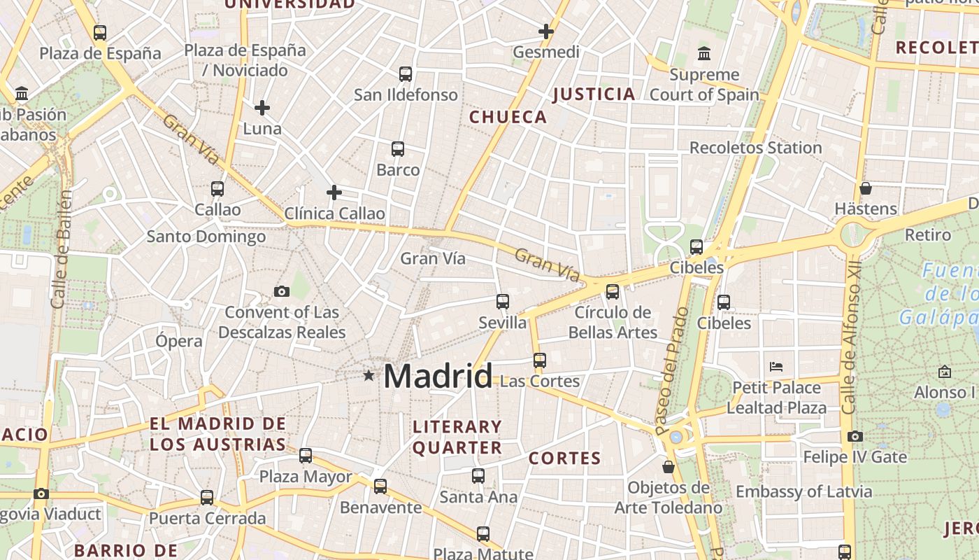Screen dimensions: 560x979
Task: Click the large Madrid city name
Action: pyautogui.click(x=438, y=377)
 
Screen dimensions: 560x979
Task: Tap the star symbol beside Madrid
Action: pyautogui.click(x=369, y=376)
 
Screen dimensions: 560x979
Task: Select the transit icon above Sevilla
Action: pyautogui.click(x=503, y=302)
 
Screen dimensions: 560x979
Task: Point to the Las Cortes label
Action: pyautogui.click(x=541, y=381)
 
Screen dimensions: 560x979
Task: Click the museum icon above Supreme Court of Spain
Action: pyautogui.click(x=704, y=53)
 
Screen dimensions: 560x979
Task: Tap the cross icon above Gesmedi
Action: pyautogui.click(x=546, y=31)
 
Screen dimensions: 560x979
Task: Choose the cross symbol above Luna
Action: pyautogui.click(x=262, y=108)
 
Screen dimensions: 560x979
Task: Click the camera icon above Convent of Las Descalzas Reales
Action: pyautogui.click(x=282, y=291)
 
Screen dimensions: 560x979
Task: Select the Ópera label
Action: pyautogui.click(x=179, y=342)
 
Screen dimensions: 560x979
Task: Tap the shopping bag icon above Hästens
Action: pyautogui.click(x=866, y=188)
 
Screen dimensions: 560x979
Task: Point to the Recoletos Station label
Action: pyautogui.click(x=755, y=148)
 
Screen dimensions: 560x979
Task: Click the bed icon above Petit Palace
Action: pyautogui.click(x=776, y=366)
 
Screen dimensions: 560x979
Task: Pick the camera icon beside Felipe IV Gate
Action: pyautogui.click(x=855, y=437)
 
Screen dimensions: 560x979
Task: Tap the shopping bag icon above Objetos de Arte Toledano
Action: pyautogui.click(x=669, y=466)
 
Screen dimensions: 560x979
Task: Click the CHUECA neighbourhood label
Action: pyautogui.click(x=508, y=117)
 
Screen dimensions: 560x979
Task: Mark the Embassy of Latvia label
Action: pyautogui.click(x=804, y=491)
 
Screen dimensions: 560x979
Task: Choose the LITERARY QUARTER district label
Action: pyautogui.click(x=457, y=437)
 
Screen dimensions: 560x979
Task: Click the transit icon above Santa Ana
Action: pyautogui.click(x=478, y=476)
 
